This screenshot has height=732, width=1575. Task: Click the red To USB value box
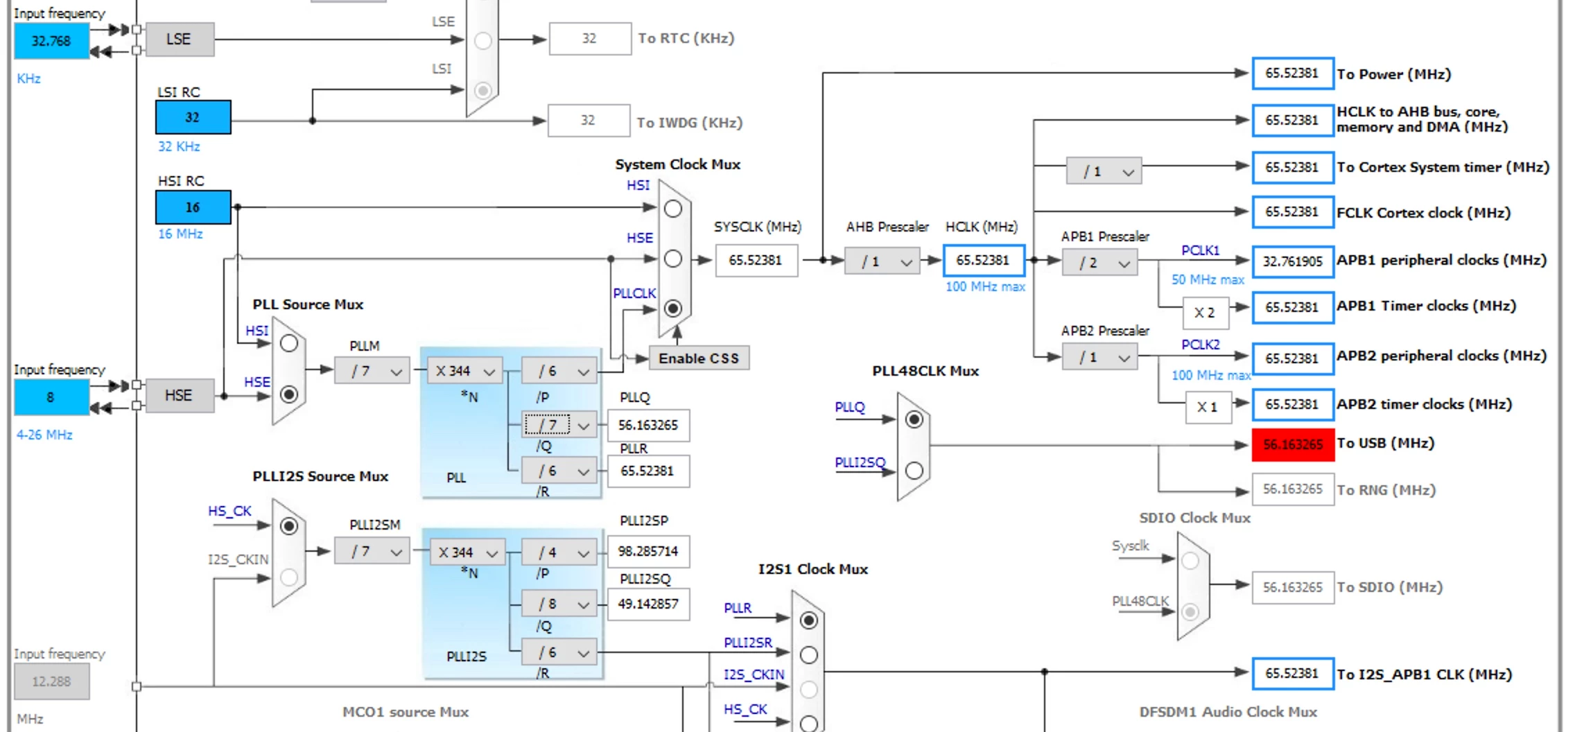tap(1293, 444)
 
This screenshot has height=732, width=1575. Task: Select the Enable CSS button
tap(699, 358)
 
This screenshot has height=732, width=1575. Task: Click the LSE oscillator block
tap(179, 40)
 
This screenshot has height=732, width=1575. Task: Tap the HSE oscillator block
tap(179, 396)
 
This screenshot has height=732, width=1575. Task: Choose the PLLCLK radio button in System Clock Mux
tap(672, 308)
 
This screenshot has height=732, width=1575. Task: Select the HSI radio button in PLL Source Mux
tap(289, 343)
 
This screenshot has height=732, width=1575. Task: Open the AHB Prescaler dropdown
tap(882, 261)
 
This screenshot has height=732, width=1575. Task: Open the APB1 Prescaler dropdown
tap(1099, 263)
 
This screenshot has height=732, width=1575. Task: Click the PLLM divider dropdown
tap(372, 371)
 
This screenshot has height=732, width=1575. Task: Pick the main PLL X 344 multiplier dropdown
tap(464, 371)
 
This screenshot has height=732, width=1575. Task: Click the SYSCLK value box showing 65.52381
tap(756, 261)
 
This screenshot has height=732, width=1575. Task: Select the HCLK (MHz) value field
tap(984, 261)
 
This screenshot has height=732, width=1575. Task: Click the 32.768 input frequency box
tap(52, 41)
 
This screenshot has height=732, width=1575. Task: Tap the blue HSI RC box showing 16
tap(193, 207)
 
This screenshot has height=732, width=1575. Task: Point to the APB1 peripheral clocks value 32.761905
tap(1293, 261)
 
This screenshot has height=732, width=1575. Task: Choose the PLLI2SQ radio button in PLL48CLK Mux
tap(914, 471)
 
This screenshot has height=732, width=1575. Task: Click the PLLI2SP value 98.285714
tap(648, 551)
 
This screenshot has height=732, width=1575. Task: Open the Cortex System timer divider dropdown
tap(1104, 171)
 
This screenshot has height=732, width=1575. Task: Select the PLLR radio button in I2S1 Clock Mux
tap(808, 620)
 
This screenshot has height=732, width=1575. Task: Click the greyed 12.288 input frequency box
tap(52, 681)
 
